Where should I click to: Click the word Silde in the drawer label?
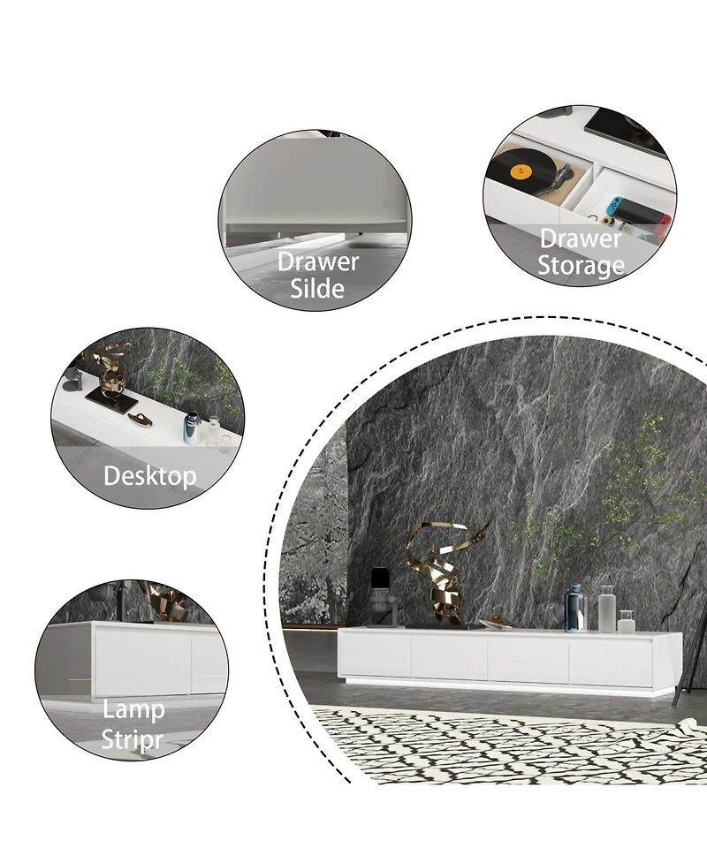[x=317, y=288]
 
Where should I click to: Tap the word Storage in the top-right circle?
[x=581, y=265]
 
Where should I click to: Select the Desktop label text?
[x=149, y=476]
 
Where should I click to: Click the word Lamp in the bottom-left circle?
[x=133, y=709]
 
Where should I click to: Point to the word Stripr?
[x=133, y=738]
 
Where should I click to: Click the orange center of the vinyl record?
[x=521, y=172]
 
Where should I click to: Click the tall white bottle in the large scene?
[x=606, y=609]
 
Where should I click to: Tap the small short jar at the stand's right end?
[x=626, y=621]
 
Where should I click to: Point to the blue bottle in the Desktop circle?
[x=191, y=428]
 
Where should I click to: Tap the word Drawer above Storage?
[x=581, y=238]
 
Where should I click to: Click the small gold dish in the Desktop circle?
[x=141, y=419]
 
